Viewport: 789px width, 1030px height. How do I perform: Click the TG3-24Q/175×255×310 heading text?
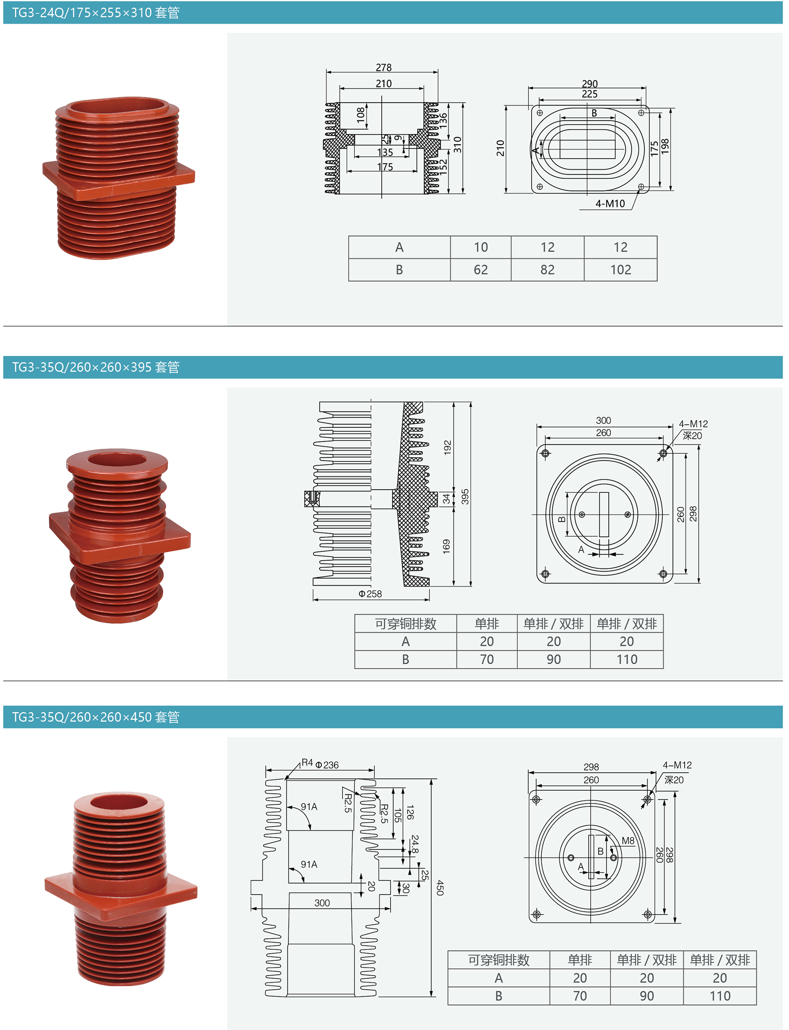[96, 13]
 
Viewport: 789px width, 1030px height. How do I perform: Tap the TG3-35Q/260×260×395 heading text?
[96, 367]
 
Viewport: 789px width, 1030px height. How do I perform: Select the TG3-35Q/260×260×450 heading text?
[96, 717]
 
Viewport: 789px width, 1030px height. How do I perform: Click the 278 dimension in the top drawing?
[383, 67]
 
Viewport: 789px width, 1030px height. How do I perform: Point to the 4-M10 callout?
[610, 204]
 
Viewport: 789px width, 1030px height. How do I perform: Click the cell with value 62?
[480, 270]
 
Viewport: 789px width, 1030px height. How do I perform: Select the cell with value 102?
[620, 270]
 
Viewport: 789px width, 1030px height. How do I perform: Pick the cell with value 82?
[547, 270]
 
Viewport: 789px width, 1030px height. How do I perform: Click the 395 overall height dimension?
[465, 497]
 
